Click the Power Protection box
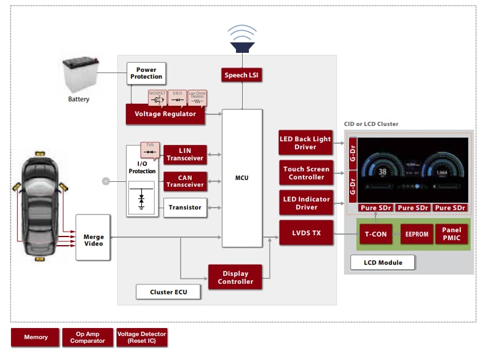(x=146, y=73)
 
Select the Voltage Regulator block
(x=165, y=114)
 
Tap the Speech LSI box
(x=242, y=75)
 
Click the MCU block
(x=242, y=178)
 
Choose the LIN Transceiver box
(x=184, y=155)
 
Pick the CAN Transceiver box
(x=184, y=181)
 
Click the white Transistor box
(x=184, y=208)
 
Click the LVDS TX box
(x=305, y=233)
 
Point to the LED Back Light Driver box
(x=305, y=143)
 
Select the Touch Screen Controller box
(x=305, y=173)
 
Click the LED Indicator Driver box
(x=305, y=203)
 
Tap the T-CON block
(x=375, y=234)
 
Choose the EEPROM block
(x=417, y=234)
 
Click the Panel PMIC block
(x=452, y=234)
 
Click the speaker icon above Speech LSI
(x=242, y=38)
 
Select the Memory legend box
(x=36, y=337)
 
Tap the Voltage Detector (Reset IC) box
(x=141, y=337)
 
